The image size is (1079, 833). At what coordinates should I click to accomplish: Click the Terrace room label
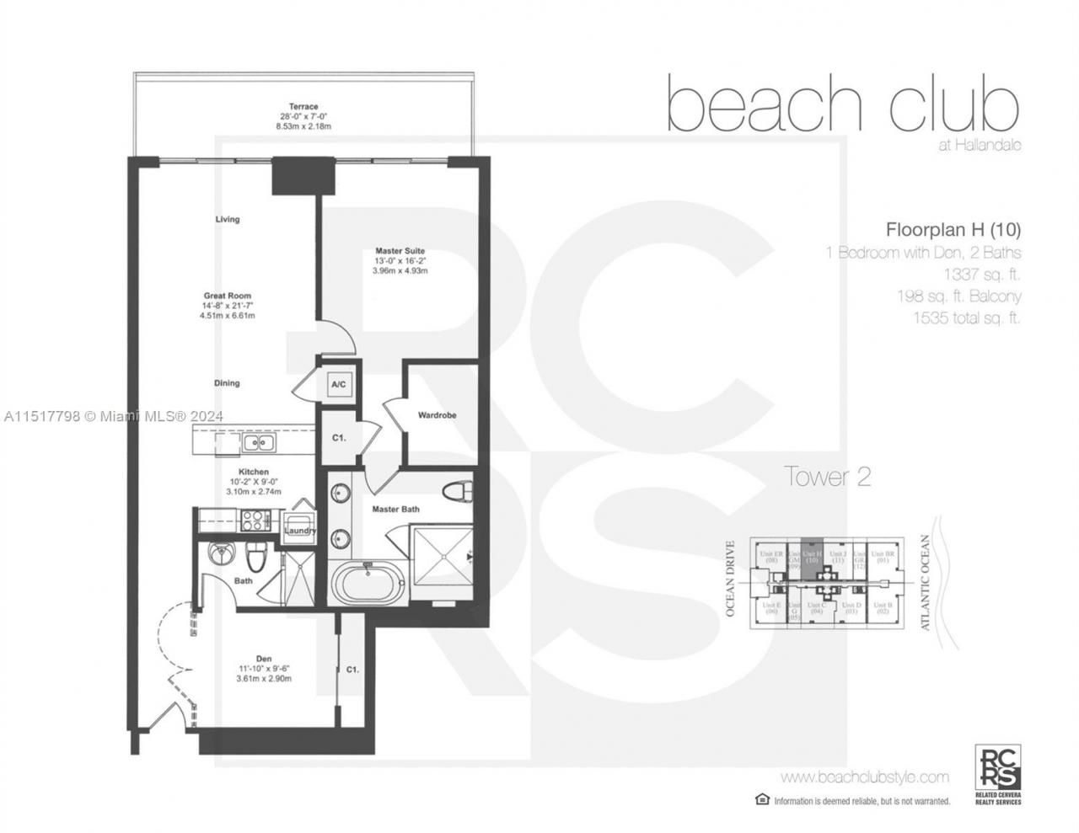click(303, 107)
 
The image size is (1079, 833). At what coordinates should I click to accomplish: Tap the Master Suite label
click(400, 251)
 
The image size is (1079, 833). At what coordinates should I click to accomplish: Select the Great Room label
click(227, 296)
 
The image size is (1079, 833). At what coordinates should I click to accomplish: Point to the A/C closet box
click(338, 385)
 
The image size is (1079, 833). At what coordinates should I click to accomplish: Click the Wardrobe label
click(437, 415)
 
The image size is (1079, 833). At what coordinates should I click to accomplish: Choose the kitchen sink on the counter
click(252, 442)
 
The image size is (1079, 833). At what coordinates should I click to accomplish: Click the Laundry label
click(299, 530)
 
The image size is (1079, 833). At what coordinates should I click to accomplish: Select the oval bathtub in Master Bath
click(368, 583)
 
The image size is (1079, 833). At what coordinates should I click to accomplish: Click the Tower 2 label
click(827, 477)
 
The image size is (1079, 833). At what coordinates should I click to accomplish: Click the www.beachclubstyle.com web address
click(864, 777)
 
